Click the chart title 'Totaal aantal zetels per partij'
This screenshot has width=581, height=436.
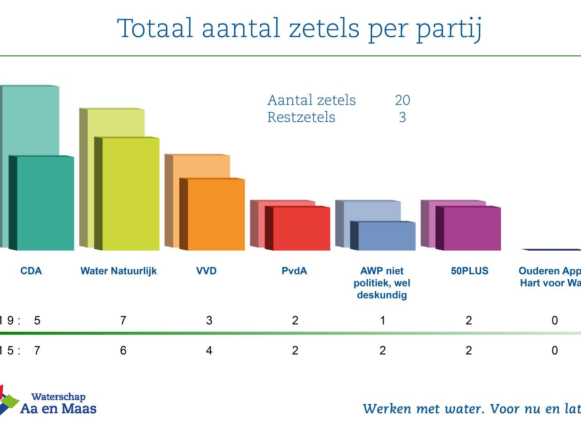click(x=299, y=29)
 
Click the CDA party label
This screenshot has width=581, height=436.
click(x=31, y=271)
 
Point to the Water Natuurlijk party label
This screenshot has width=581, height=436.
click(x=118, y=271)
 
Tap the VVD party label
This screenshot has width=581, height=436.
click(x=206, y=271)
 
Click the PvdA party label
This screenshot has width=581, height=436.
click(x=294, y=271)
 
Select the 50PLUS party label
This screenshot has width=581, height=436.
click(x=469, y=271)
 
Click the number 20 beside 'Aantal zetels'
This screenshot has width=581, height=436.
click(x=402, y=100)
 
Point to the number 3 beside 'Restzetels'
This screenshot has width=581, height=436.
click(x=402, y=117)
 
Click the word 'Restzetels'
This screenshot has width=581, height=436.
click(x=301, y=117)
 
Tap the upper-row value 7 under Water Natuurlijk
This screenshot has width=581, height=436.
click(x=123, y=321)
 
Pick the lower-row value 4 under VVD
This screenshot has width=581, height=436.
click(x=209, y=351)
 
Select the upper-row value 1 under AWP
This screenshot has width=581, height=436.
click(x=382, y=321)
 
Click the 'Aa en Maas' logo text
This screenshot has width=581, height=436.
click(x=58, y=408)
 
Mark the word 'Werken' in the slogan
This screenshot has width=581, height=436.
click(x=386, y=409)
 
